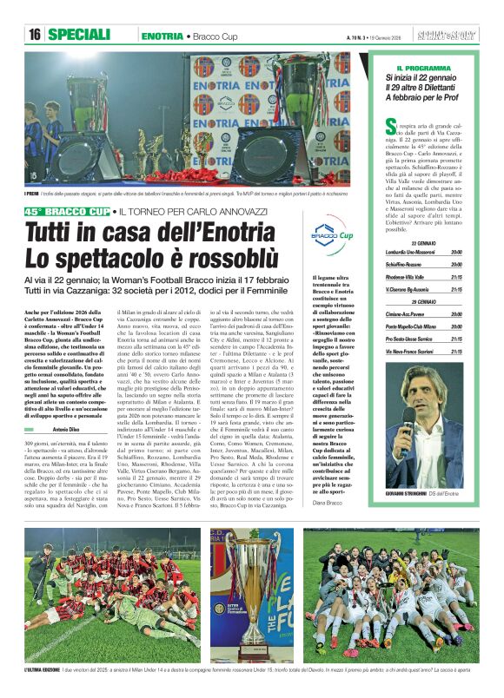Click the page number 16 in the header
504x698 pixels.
pyautogui.click(x=35, y=35)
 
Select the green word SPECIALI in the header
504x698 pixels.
pyautogui.click(x=79, y=35)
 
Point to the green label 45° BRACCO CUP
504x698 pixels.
pyautogui.click(x=68, y=212)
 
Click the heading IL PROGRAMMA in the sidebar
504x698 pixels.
pyautogui.click(x=423, y=68)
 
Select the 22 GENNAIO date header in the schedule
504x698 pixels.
pyautogui.click(x=423, y=243)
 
